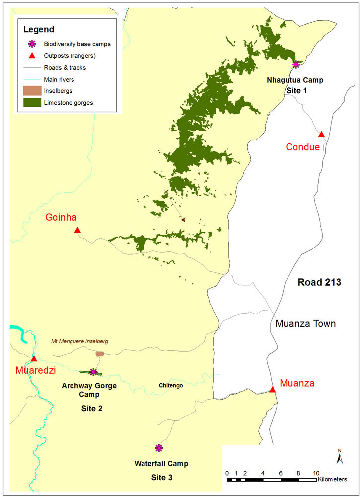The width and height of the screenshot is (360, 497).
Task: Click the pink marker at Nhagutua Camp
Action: (x=296, y=64)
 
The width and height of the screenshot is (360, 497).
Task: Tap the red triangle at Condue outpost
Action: (x=321, y=134)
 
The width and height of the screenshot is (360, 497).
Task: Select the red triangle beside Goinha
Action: (x=77, y=230)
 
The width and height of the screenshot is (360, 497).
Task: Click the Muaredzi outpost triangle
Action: (x=34, y=358)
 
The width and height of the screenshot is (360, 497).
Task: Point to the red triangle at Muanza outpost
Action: (x=272, y=390)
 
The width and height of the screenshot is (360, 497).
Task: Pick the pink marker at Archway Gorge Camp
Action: (x=93, y=372)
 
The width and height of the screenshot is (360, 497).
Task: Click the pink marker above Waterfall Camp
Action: (x=159, y=448)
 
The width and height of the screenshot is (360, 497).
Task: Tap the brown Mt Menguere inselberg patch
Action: (x=100, y=354)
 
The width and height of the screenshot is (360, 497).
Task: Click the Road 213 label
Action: (x=319, y=282)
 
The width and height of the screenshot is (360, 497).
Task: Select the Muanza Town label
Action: (x=305, y=324)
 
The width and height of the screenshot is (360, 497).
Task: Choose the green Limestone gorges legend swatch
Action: (x=33, y=102)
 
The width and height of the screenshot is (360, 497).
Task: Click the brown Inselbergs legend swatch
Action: (x=33, y=90)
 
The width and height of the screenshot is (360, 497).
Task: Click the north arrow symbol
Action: (x=339, y=457)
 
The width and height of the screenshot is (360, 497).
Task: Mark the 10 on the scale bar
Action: (x=316, y=473)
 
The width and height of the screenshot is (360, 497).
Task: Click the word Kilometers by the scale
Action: (x=337, y=480)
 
